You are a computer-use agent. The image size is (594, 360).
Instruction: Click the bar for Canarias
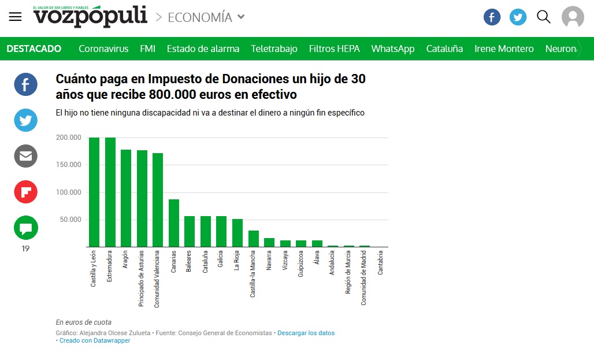[173, 223]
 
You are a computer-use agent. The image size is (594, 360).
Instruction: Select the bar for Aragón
[126, 198]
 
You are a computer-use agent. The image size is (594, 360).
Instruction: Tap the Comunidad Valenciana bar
[158, 200]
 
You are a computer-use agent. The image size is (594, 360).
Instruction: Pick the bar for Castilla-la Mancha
[253, 239]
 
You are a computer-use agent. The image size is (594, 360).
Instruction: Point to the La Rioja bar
[237, 233]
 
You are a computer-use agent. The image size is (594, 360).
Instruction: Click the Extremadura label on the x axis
[110, 266]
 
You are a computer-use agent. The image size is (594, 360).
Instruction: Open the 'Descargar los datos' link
[306, 333]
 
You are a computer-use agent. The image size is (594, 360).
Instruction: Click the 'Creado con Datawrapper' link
[95, 341]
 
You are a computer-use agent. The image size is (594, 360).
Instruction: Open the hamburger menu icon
[15, 17]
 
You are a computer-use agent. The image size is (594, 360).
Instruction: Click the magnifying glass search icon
[544, 17]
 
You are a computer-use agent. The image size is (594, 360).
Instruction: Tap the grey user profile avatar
[573, 17]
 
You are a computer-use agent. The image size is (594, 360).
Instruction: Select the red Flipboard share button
[26, 192]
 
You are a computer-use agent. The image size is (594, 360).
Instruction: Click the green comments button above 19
[26, 228]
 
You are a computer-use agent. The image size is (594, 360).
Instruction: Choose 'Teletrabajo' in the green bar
[274, 49]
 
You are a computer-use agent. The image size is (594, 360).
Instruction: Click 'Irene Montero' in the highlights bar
[504, 49]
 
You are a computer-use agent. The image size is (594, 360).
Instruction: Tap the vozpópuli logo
[90, 16]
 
